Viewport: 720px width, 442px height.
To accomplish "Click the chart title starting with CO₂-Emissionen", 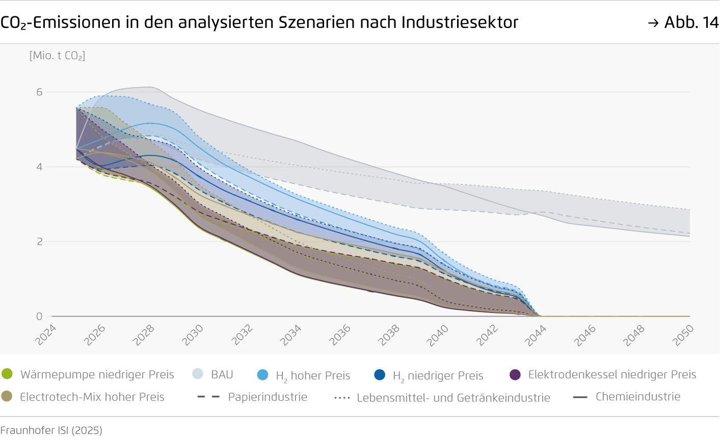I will (x=259, y=22).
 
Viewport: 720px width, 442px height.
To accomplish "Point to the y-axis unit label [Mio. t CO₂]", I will (x=57, y=56).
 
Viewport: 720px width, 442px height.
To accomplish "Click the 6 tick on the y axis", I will (x=39, y=92).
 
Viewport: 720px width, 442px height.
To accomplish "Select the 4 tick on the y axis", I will (x=39, y=167).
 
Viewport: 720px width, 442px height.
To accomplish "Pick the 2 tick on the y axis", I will (x=39, y=242).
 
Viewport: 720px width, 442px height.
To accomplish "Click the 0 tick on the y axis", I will (x=39, y=316).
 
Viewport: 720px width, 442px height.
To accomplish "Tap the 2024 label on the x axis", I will (x=46, y=335).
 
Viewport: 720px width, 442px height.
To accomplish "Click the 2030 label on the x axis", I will (x=193, y=335).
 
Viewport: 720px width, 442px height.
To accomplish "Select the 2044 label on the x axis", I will (x=536, y=335).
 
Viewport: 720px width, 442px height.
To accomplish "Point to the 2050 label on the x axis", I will (x=683, y=335).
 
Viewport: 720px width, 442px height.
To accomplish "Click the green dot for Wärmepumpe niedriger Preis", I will (x=7, y=374).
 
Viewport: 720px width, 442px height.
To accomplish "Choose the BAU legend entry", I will (x=222, y=374).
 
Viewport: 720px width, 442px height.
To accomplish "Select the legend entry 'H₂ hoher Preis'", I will (x=312, y=376).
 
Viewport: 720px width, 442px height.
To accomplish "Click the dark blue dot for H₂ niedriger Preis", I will (x=380, y=375).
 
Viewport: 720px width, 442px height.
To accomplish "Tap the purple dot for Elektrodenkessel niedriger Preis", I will (x=515, y=375).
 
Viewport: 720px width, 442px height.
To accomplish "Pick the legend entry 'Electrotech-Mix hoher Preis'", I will (x=92, y=397).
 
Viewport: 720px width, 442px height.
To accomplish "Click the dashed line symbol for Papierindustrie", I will (x=208, y=397).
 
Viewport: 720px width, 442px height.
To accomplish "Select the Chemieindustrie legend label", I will (x=637, y=397).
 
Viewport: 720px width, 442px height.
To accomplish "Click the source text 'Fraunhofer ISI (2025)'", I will (x=51, y=430).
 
